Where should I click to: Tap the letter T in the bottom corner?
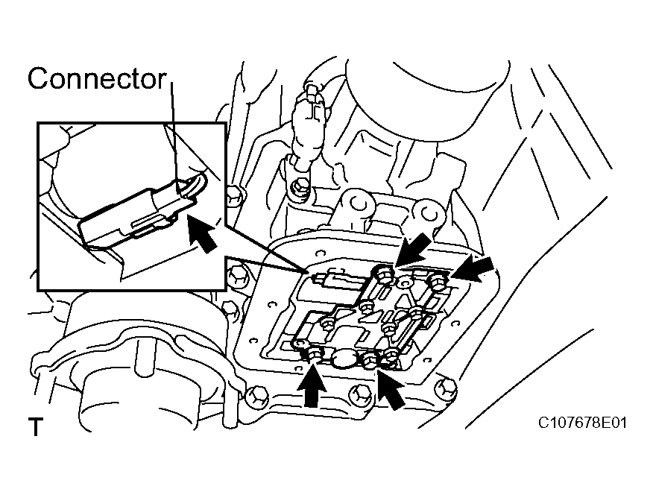pyautogui.click(x=34, y=427)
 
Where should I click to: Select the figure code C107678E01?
pyautogui.click(x=583, y=423)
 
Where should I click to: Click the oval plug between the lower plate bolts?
pyautogui.click(x=344, y=361)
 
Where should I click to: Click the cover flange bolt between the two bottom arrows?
pyautogui.click(x=360, y=393)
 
